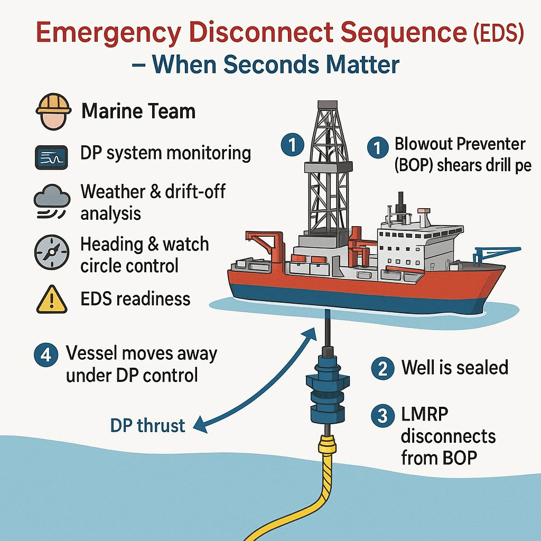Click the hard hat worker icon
pos(53,112)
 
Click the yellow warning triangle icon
pos(51,300)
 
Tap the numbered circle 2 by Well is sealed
pos(383,368)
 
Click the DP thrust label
pos(148,425)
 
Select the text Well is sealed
pos(454,367)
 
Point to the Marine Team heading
pos(138,111)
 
